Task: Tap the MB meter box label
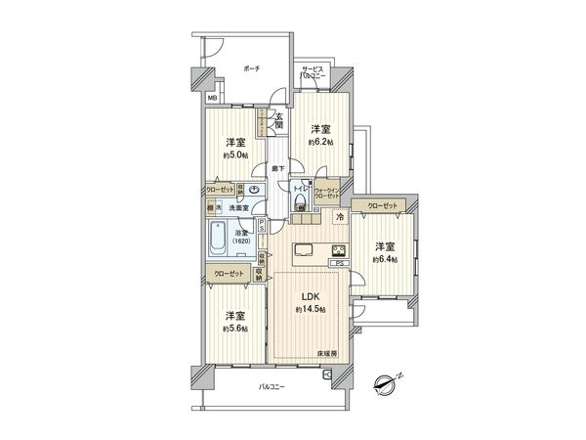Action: [212, 98]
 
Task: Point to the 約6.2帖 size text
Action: [321, 143]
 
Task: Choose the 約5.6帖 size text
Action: [235, 329]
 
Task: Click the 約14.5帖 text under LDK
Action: [310, 311]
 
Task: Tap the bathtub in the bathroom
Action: [220, 236]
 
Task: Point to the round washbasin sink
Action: [255, 191]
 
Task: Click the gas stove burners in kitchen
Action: [338, 248]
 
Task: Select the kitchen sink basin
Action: [302, 247]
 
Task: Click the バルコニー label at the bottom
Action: [271, 389]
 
